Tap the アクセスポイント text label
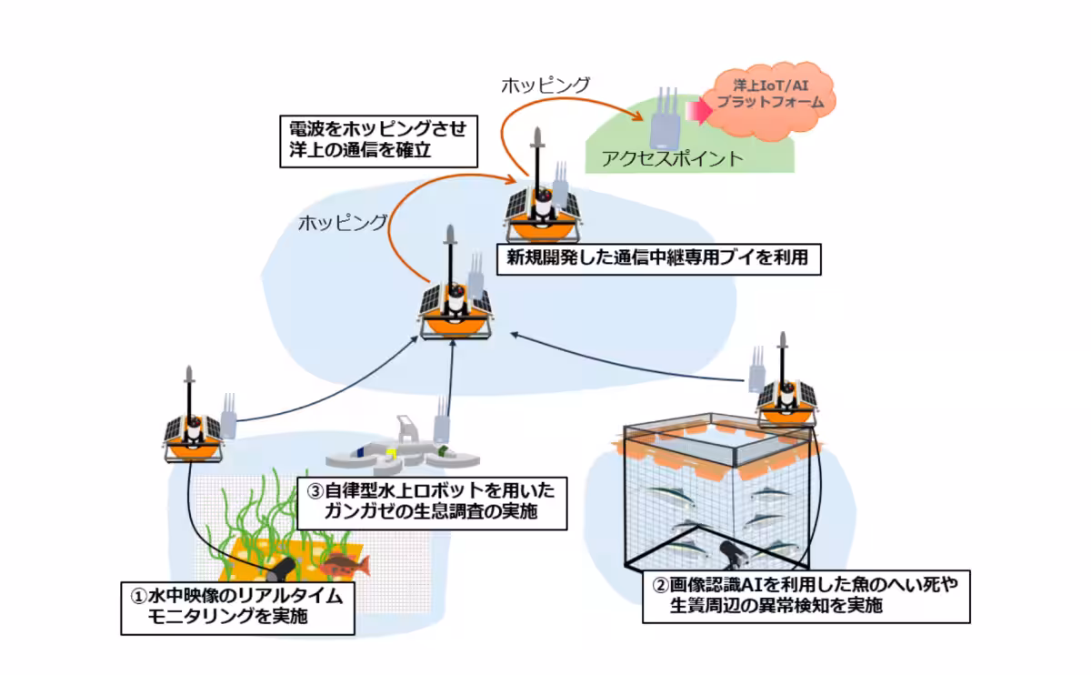[672, 158]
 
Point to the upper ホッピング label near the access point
[545, 85]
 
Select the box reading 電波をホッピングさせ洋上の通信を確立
[377, 140]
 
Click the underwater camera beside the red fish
[282, 569]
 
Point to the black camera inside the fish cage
[727, 551]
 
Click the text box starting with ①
[237, 607]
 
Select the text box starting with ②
[806, 593]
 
